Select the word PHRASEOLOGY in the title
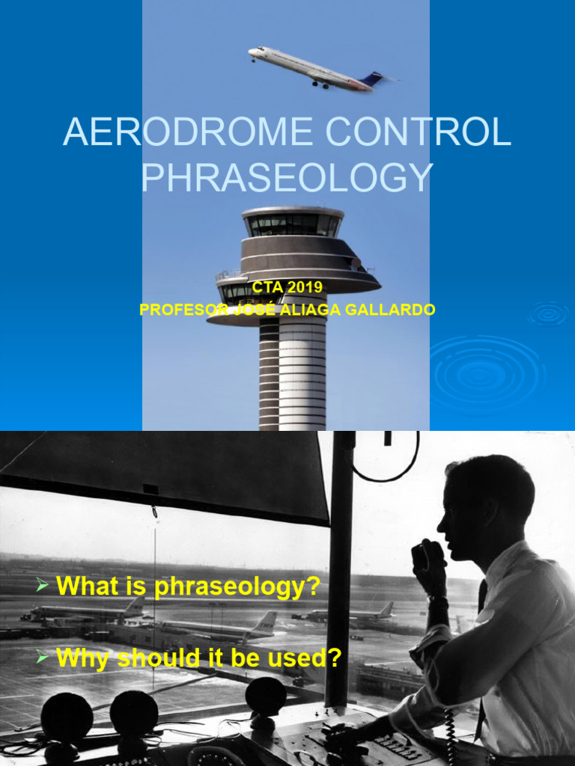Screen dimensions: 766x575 [287, 177]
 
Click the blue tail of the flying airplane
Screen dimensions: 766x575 [372, 78]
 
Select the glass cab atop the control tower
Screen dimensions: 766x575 [293, 224]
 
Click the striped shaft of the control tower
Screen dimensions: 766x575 [293, 374]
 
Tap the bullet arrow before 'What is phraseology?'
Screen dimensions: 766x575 [43, 586]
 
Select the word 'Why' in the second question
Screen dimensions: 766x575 [79, 658]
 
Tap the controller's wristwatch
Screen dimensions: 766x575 [438, 600]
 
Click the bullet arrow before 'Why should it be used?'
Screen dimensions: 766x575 [43, 657]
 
